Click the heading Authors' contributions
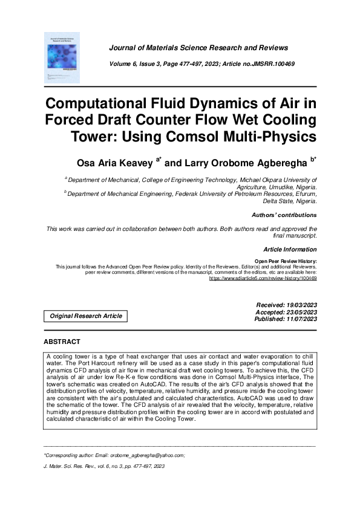283,215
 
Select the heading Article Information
290,250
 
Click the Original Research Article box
86,316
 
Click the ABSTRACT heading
62,342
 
